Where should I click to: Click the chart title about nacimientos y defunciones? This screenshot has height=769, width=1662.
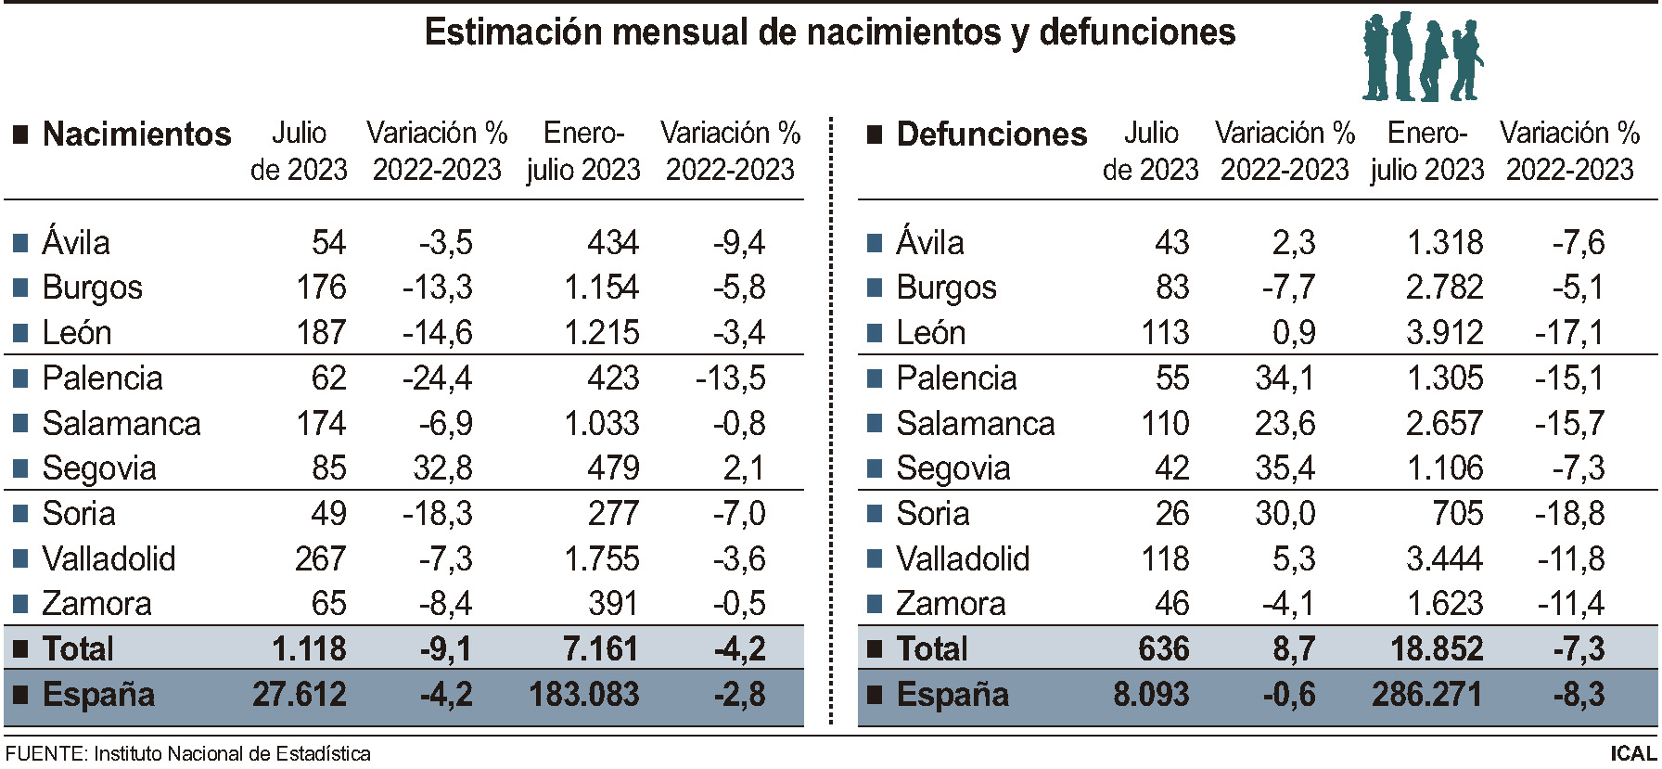[829, 33]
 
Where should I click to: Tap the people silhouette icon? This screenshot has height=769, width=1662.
[1422, 58]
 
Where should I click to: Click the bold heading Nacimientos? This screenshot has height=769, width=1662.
[136, 135]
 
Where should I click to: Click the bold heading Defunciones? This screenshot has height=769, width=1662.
[991, 135]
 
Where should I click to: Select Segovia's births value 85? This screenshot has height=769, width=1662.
[329, 468]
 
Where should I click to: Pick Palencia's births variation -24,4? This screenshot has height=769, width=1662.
[437, 378]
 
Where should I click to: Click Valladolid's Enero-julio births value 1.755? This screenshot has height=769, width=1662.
[601, 558]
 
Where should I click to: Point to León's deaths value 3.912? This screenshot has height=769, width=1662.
[1444, 332]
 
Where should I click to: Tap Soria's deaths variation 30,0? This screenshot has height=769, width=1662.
[1285, 513]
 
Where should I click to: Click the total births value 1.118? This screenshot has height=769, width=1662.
[309, 648]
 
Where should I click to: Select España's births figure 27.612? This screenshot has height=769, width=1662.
[300, 694]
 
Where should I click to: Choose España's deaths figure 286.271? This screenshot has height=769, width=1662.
[1426, 694]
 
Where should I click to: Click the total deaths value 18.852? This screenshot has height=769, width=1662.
[1436, 648]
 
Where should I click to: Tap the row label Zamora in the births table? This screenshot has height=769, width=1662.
[96, 604]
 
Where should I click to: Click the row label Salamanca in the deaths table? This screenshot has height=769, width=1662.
[975, 423]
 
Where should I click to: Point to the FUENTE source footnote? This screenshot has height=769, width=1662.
[187, 753]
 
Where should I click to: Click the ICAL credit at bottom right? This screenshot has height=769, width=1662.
[1632, 753]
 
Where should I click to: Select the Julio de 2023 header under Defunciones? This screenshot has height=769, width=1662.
[1150, 151]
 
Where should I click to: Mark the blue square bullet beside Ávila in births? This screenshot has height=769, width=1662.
[20, 244]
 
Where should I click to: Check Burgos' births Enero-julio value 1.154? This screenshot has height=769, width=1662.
[601, 287]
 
